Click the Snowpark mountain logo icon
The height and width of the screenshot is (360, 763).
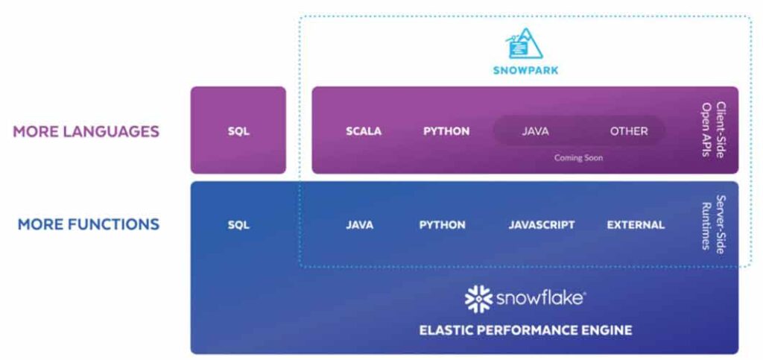(525, 44)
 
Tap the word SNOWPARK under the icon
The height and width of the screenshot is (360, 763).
(525, 71)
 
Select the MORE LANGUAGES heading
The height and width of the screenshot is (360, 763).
(86, 131)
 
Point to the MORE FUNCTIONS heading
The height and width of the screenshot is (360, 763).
(89, 224)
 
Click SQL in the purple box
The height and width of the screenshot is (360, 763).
(238, 131)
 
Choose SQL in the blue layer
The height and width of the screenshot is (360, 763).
(238, 224)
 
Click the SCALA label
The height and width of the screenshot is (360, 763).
(364, 131)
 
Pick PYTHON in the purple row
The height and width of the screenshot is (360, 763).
(446, 131)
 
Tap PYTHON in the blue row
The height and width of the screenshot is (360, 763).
(442, 224)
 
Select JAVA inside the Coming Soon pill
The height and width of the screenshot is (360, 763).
(535, 131)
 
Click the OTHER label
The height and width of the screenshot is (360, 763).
(629, 131)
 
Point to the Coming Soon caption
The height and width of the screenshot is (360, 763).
(578, 158)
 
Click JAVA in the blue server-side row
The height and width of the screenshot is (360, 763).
(359, 224)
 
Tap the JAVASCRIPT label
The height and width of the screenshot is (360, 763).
(541, 224)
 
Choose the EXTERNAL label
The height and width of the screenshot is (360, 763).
(636, 224)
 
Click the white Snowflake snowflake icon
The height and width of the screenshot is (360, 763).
(478, 298)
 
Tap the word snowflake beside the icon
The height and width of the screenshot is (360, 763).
(539, 299)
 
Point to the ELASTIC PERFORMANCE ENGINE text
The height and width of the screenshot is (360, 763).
(525, 329)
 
